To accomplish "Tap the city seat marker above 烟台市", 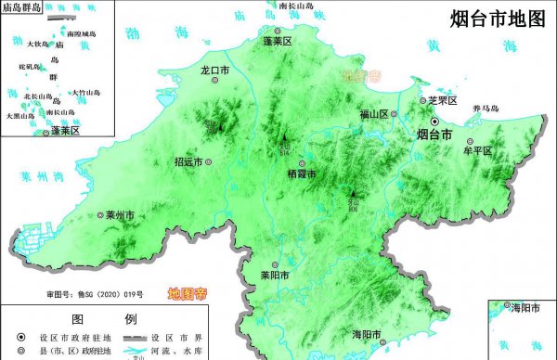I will (x=434, y=122).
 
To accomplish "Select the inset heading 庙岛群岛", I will (x=23, y=8).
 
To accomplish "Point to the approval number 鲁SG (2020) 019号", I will (x=108, y=294).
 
